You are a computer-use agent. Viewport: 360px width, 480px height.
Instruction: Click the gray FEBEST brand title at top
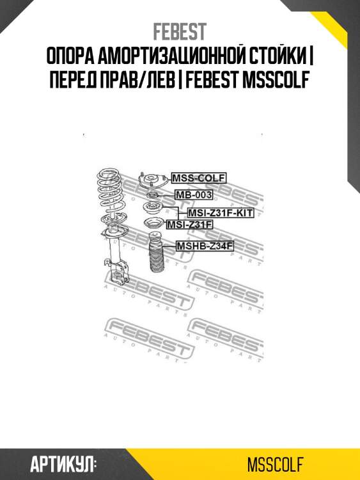coord(180,31)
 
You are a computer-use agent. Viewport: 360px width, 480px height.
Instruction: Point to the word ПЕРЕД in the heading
coord(71,79)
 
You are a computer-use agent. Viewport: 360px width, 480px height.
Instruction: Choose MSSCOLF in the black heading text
coord(275,79)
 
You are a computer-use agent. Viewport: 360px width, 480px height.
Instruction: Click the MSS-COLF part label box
coord(198,177)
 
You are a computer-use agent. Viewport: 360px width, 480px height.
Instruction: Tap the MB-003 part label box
coord(194,195)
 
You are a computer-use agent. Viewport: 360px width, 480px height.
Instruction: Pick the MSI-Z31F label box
coord(189,225)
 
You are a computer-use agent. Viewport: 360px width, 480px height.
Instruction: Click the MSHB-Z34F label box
coord(205,246)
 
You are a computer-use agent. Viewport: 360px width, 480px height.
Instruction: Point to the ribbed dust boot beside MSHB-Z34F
coord(155,253)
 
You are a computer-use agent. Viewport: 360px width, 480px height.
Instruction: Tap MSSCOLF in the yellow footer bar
coord(275,465)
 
